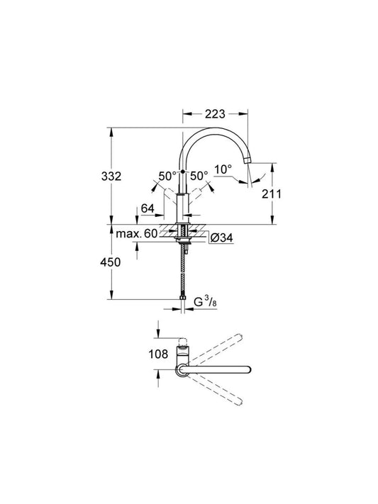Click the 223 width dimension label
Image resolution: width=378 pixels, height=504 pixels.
(215, 114)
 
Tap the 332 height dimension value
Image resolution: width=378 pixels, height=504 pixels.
(111, 176)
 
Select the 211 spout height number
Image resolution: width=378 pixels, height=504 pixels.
(271, 194)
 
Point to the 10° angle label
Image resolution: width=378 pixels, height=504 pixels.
(223, 169)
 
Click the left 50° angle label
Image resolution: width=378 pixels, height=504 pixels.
(167, 176)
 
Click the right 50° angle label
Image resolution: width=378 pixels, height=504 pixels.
(199, 176)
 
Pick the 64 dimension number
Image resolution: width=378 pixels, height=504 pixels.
(148, 208)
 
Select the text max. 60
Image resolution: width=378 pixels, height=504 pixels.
(137, 233)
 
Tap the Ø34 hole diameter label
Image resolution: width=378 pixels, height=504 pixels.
(221, 238)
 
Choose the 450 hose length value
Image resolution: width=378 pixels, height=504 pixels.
(111, 262)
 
